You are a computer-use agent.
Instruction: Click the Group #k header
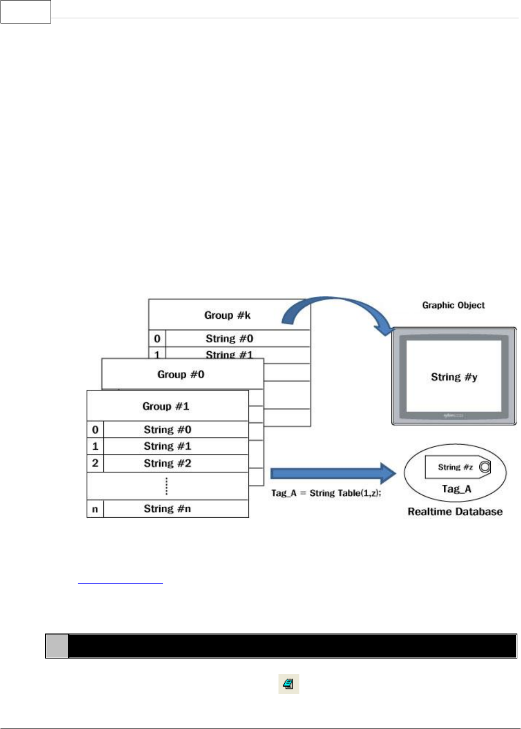[227, 315]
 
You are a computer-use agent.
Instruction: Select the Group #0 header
[181, 374]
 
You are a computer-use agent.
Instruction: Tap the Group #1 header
[166, 406]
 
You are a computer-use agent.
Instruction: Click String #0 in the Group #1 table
[168, 429]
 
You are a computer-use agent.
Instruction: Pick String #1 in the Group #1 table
[168, 446]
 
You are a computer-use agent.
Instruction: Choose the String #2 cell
[168, 463]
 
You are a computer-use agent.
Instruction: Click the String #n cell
[168, 509]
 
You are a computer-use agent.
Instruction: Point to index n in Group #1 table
[95, 509]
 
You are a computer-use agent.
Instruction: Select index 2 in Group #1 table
[95, 463]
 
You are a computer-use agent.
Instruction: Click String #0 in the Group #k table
[229, 339]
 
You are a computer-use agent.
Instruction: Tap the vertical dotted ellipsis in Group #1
[166, 486]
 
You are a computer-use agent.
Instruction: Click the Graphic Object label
[453, 305]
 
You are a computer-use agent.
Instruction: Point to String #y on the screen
[454, 377]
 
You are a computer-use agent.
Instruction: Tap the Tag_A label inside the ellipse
[456, 489]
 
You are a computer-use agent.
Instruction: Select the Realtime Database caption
[455, 512]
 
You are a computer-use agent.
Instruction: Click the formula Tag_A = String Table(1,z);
[326, 493]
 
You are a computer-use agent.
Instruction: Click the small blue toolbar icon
[288, 684]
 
